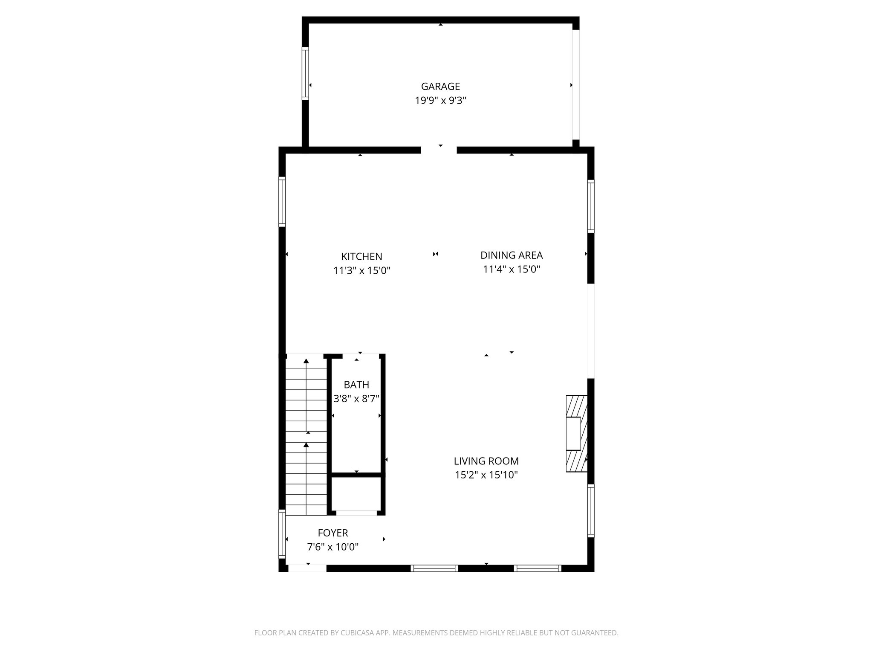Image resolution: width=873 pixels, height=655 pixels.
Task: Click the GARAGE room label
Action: pos(440,87)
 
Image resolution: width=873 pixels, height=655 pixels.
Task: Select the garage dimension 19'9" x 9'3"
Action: pos(440,101)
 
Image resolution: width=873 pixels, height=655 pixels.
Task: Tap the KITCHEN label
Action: pos(361,257)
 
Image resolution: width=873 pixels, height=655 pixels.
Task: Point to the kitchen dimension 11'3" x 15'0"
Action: pos(361,271)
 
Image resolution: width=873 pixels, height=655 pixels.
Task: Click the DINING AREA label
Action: pos(511,255)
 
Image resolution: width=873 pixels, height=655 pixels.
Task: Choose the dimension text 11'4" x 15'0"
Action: pos(511,270)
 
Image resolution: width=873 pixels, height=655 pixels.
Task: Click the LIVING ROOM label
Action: pos(486,461)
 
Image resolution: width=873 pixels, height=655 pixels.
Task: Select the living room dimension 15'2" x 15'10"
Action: pos(486,475)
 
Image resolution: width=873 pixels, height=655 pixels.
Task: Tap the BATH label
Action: pos(356,385)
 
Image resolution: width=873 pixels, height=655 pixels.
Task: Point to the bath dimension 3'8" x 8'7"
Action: pos(356,399)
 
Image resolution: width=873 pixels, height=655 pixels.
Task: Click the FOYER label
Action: pos(333,533)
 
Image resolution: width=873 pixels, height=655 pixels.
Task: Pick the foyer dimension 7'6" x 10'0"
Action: pos(333,547)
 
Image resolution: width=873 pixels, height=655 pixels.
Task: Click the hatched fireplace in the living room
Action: pos(576,434)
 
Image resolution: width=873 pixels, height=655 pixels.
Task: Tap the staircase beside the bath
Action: pos(306,435)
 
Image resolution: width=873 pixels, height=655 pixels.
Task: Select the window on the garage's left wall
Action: pos(305,73)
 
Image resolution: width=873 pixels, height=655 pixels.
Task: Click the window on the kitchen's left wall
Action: pos(282,201)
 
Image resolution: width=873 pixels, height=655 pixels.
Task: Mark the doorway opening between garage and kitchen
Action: pos(439,150)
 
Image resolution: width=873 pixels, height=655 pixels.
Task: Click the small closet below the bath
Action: pos(356,493)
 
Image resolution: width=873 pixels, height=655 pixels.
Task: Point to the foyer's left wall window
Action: pos(282,534)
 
